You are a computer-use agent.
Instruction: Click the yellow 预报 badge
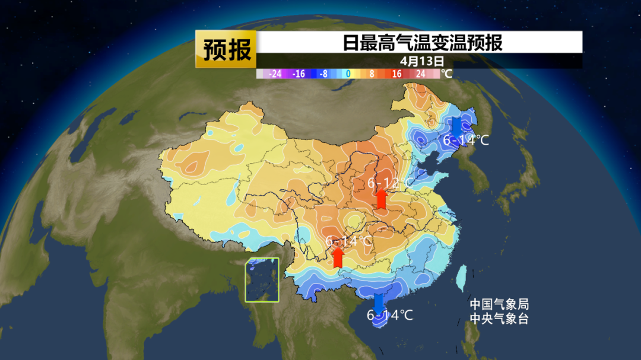[x=226, y=50]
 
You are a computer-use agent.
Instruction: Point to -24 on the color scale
[x=275, y=74]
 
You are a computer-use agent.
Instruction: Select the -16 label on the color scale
[x=299, y=74]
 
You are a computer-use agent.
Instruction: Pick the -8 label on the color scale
[x=323, y=74]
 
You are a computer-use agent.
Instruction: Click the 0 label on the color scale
[x=348, y=74]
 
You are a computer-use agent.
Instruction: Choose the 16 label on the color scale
[x=396, y=74]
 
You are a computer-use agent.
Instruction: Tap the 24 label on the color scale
[x=420, y=74]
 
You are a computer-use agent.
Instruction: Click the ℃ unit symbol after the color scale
[x=446, y=74]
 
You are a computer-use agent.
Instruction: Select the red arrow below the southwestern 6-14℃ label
[x=338, y=257]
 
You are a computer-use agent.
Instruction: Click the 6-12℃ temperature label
[x=389, y=183]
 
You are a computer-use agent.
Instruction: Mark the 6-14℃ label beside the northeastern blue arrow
[x=467, y=141]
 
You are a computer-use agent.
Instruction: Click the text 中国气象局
[x=499, y=304]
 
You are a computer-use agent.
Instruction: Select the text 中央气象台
[x=499, y=318]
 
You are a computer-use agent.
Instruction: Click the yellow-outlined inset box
[x=262, y=280]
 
